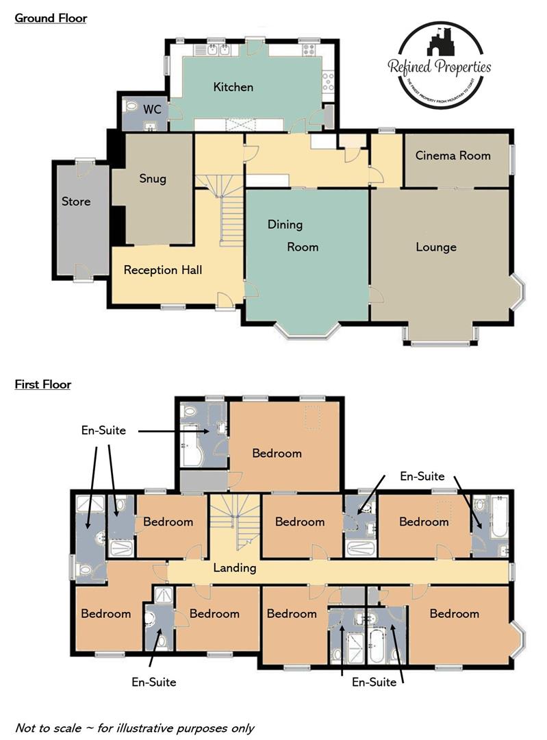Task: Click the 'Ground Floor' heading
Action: [x=51, y=18]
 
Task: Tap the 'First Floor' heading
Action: [x=43, y=384]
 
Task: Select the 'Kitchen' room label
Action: [x=233, y=87]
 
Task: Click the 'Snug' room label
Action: [x=153, y=179]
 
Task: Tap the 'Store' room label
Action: [x=76, y=201]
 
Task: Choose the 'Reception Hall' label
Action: [x=163, y=270]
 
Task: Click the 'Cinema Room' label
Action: [x=453, y=156]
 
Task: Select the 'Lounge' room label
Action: [x=436, y=247]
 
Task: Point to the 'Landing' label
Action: [x=235, y=567]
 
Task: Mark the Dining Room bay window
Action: [x=309, y=330]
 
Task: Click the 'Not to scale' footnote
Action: [x=134, y=728]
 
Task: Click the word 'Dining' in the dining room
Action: [x=285, y=225]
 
